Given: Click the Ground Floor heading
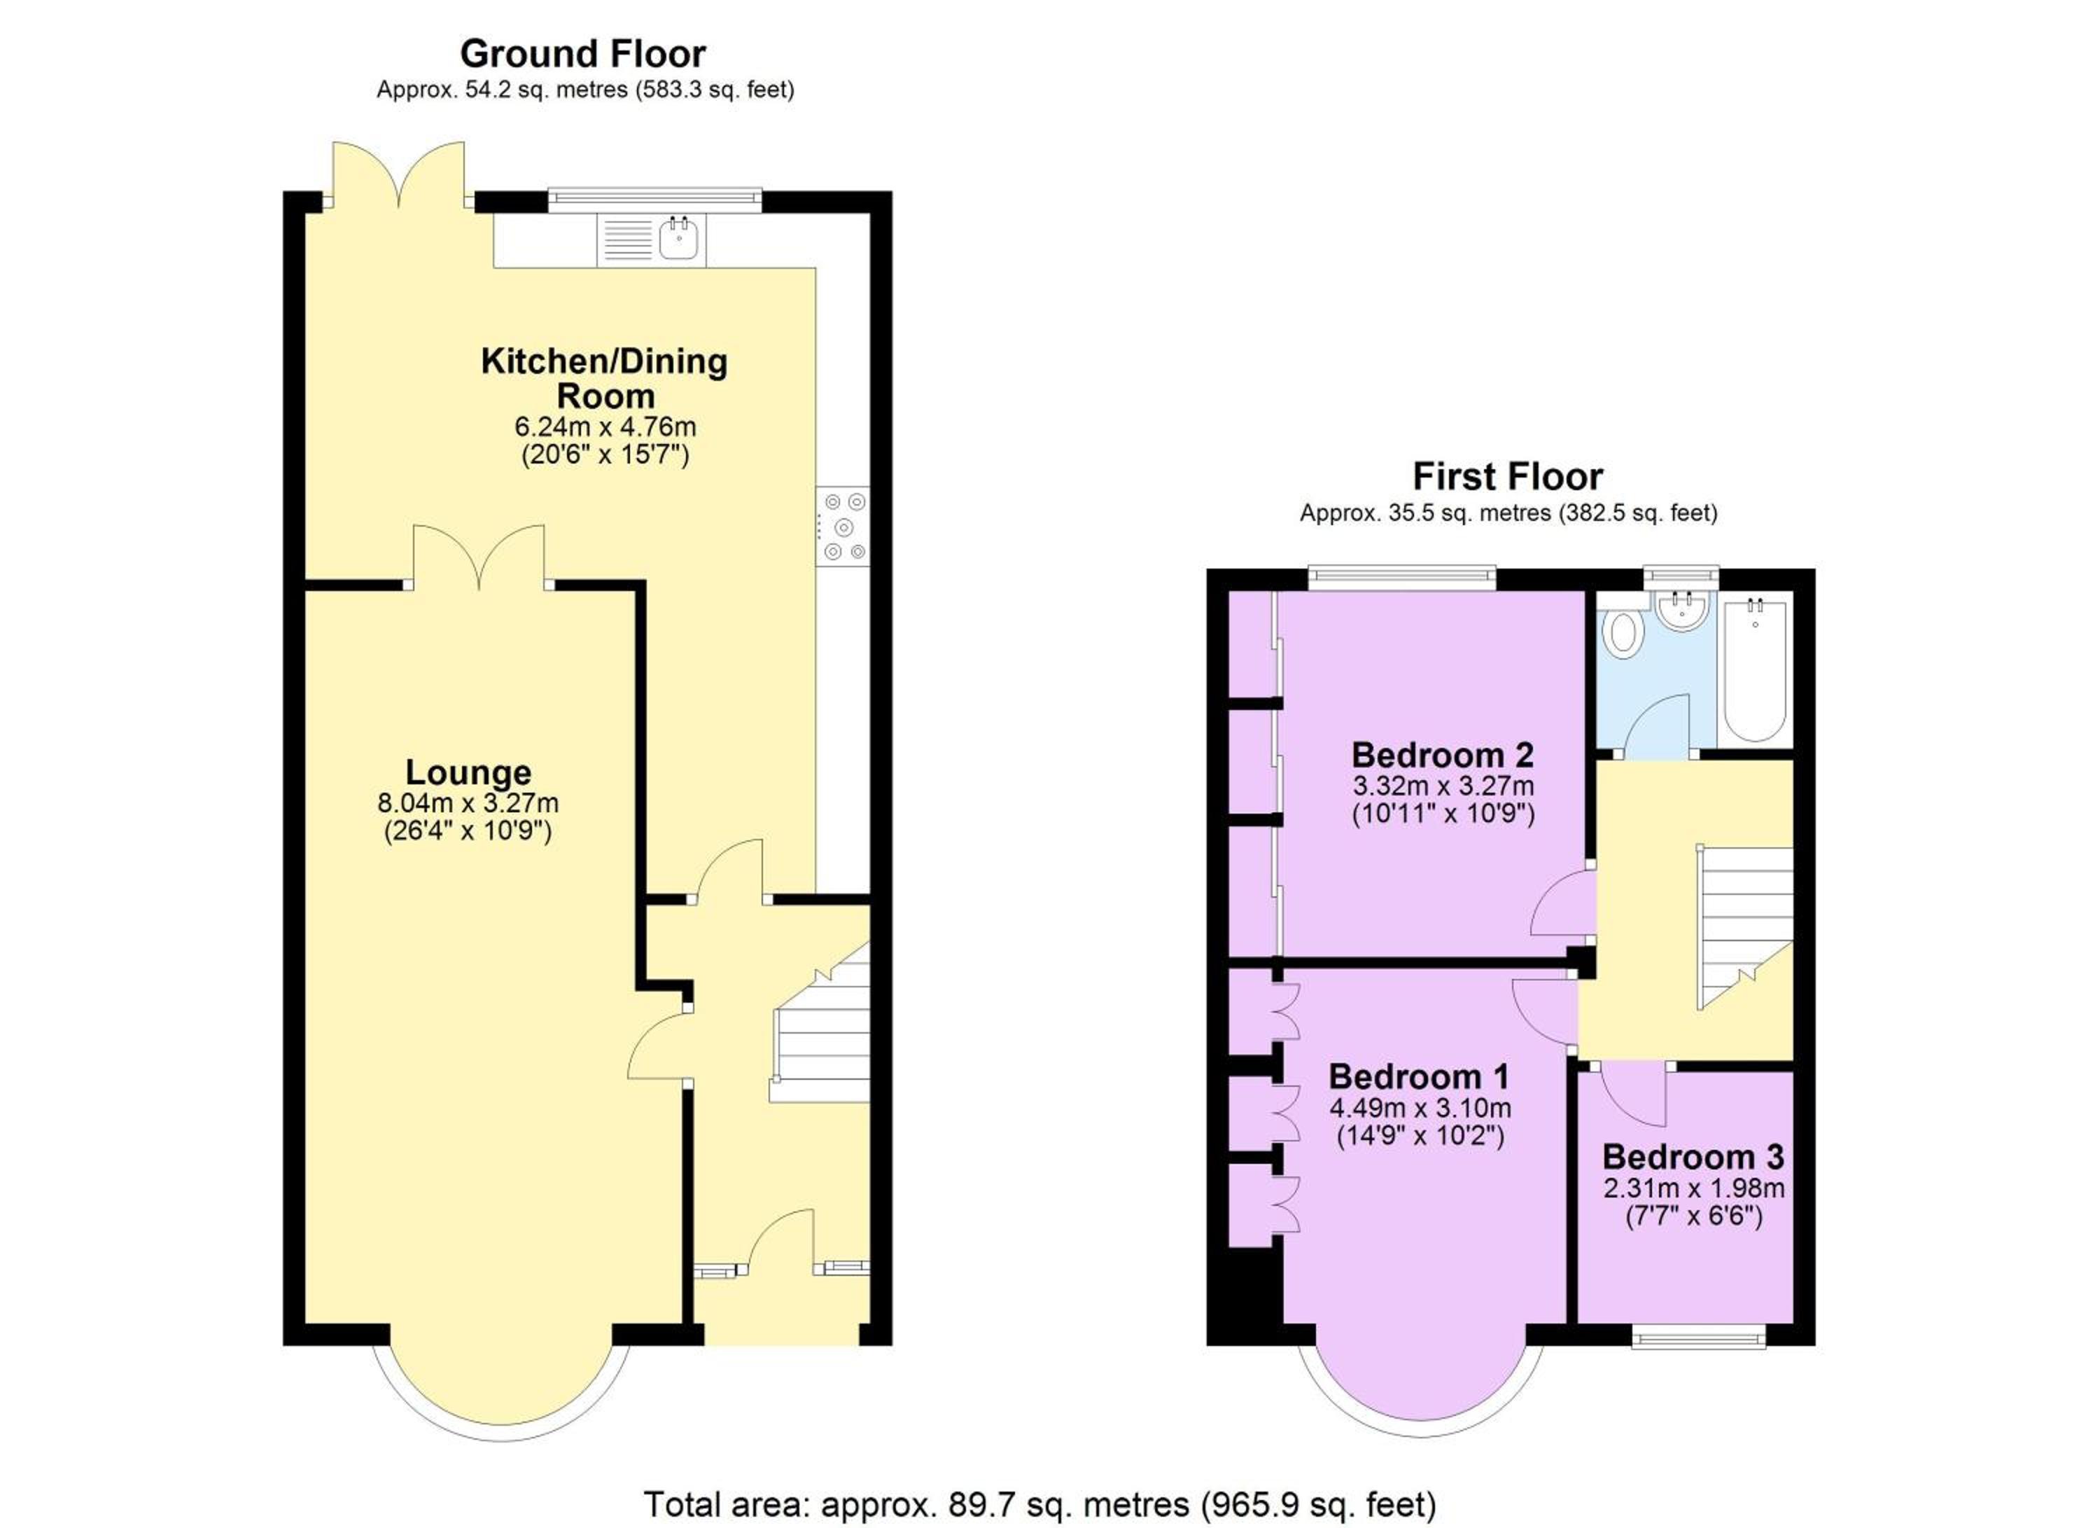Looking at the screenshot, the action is click(x=582, y=54).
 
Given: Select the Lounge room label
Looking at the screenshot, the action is click(x=468, y=772).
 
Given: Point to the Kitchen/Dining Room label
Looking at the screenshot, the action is click(x=605, y=378).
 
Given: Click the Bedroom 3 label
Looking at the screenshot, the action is click(x=1693, y=1157).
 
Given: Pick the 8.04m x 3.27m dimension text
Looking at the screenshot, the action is click(x=468, y=803).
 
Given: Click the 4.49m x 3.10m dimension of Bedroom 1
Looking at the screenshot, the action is click(x=1420, y=1108).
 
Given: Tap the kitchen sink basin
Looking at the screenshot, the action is click(x=680, y=239).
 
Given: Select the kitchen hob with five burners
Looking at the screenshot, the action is click(x=843, y=526).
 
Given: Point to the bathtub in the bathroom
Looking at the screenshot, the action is click(x=1755, y=667).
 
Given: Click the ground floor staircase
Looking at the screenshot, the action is click(x=820, y=1023).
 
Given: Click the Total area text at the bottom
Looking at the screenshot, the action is click(x=1039, y=1505).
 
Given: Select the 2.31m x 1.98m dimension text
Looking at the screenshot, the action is click(x=1693, y=1188).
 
